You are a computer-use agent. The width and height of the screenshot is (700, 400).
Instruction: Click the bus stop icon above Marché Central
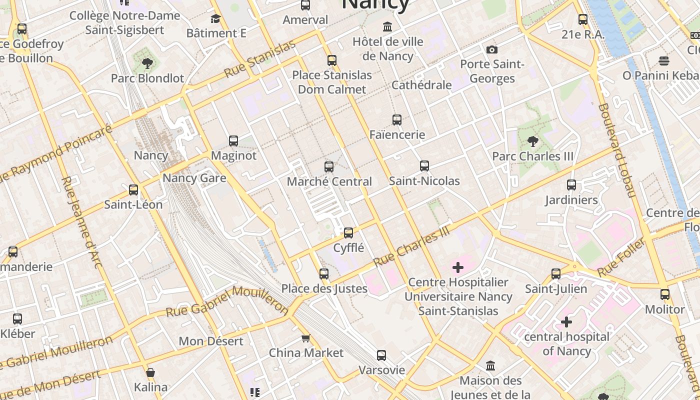(x=329, y=167)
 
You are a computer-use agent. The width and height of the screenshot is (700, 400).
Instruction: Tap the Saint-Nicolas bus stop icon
(x=424, y=166)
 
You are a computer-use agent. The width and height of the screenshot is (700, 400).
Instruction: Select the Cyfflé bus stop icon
(x=348, y=233)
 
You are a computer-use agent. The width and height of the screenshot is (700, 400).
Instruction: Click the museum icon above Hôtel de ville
(x=387, y=26)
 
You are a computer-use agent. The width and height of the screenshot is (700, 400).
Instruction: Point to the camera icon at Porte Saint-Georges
(x=492, y=49)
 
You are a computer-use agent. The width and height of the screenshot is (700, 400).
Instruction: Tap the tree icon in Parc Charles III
(x=533, y=141)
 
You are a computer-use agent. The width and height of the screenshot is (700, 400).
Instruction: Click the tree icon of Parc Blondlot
(x=147, y=63)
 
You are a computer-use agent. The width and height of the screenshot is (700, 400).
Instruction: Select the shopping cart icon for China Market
(x=306, y=338)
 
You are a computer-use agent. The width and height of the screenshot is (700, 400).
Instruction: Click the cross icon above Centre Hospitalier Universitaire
(x=458, y=267)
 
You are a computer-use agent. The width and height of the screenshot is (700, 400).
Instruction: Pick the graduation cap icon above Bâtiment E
(x=216, y=19)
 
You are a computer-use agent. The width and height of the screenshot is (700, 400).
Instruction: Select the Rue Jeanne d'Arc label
(x=81, y=222)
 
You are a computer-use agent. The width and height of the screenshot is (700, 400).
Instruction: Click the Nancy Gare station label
(x=194, y=178)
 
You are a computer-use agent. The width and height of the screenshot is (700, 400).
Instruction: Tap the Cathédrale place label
(x=421, y=85)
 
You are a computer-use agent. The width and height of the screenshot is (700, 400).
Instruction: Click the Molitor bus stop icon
(x=664, y=294)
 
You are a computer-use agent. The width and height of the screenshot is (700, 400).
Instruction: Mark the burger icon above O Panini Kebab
(x=664, y=61)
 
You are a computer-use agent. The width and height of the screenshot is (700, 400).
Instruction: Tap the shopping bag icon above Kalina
(x=150, y=372)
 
